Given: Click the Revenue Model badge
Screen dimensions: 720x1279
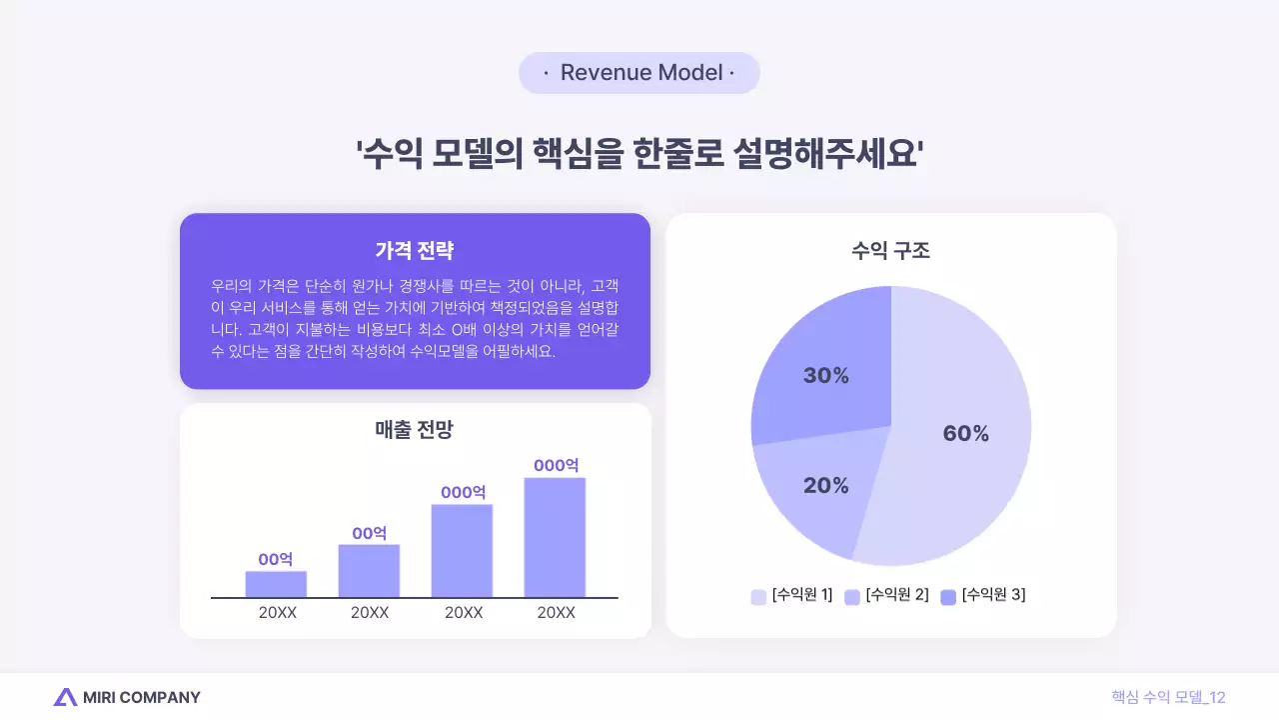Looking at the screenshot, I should point(639,73).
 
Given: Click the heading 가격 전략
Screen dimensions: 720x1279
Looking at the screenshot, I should point(415,250).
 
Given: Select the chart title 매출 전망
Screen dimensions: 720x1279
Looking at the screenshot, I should point(415,430).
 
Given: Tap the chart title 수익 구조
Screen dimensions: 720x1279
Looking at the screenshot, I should point(890,250).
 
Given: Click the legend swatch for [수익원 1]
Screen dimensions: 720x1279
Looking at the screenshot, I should point(758,597).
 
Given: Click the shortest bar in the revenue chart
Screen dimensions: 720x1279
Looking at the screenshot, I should point(276,584).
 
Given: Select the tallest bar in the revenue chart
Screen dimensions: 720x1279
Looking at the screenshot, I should point(555,537).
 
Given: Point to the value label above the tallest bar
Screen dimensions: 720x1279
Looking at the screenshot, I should point(556,465).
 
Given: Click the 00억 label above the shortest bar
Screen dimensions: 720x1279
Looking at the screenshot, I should point(276,559).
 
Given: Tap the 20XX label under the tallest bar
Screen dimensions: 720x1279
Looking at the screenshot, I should point(556,613).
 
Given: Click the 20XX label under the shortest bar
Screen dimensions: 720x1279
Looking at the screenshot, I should point(277,613).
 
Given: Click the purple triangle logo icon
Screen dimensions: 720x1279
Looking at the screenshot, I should point(65,697).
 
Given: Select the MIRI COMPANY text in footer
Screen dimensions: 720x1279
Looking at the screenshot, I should point(142,697).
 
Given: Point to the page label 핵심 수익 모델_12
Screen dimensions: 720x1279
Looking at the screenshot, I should point(1168,697).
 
